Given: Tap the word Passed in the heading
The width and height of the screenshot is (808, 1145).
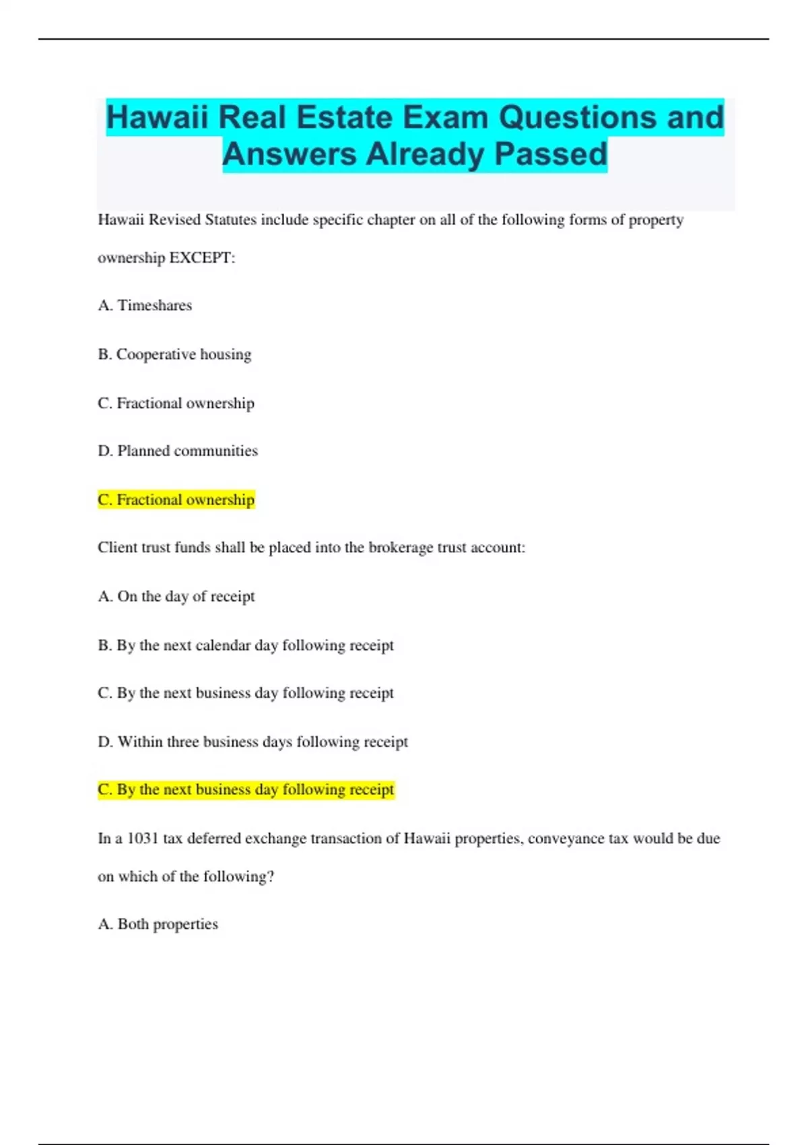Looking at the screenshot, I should [x=551, y=154].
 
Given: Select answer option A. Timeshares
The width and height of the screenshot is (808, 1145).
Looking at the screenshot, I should [x=145, y=306].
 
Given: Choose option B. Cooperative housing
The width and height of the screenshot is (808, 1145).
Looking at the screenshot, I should [x=174, y=354].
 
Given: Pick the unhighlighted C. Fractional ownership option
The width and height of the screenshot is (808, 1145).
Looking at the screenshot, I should [x=176, y=403].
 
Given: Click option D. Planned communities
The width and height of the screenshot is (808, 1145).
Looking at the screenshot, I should [x=178, y=451].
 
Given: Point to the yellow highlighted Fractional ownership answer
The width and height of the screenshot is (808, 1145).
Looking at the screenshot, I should [x=176, y=500].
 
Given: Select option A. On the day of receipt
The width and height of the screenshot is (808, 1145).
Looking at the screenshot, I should [x=176, y=597].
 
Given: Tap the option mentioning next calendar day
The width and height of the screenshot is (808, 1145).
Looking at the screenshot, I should [x=246, y=645].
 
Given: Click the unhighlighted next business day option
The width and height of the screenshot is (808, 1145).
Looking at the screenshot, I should [x=246, y=693].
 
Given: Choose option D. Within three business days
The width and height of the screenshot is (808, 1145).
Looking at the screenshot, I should [x=252, y=742].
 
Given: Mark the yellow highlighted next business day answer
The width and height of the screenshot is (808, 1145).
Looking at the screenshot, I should [x=246, y=789].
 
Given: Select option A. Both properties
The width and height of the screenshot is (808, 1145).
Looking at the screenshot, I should [x=158, y=924].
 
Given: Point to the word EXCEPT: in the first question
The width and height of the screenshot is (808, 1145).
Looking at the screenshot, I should [x=202, y=258].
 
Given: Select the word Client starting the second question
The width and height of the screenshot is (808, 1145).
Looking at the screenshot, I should [x=118, y=548].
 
